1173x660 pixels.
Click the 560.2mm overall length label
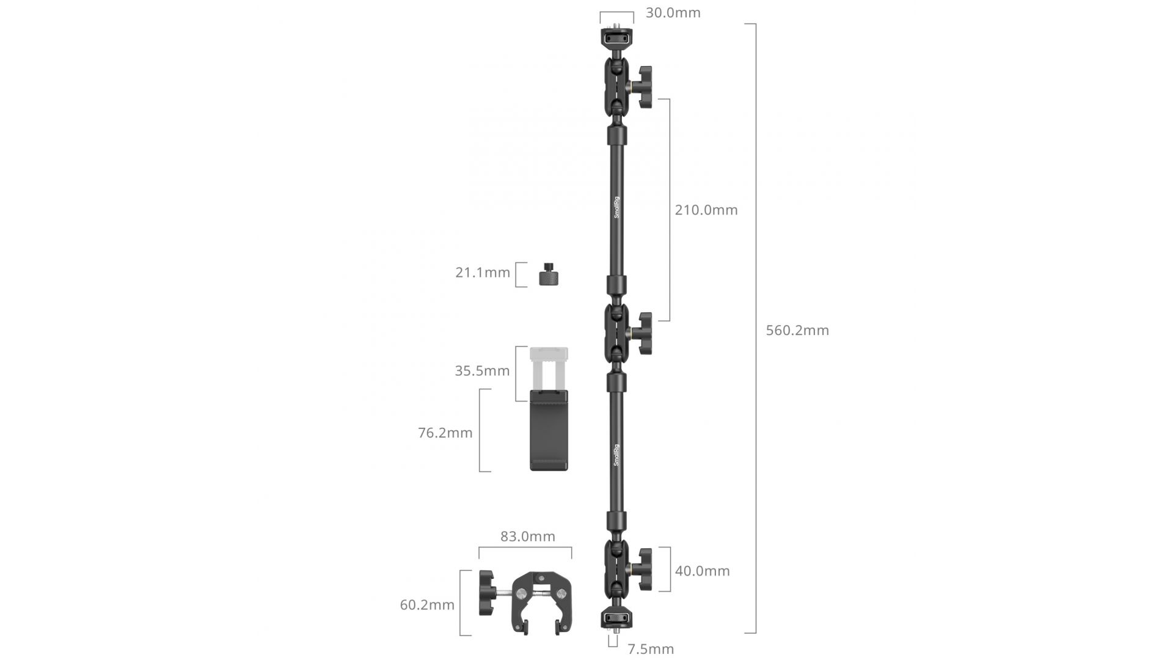click(x=797, y=331)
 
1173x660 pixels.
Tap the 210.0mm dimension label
click(x=706, y=210)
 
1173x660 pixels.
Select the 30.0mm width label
click(x=673, y=13)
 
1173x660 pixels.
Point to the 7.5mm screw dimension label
click(x=651, y=649)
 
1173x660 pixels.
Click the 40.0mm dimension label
click(x=702, y=571)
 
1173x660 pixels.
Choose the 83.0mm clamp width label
click(x=528, y=537)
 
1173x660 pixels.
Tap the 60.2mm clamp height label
click(x=427, y=605)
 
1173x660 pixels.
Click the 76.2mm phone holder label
click(x=445, y=433)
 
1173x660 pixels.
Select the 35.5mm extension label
click(x=482, y=371)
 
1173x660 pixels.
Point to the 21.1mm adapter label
click(x=483, y=273)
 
